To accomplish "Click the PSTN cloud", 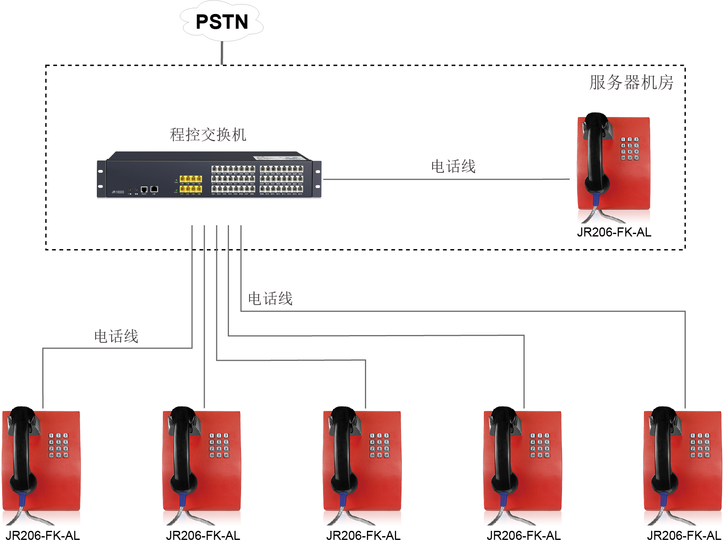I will tap(222, 21).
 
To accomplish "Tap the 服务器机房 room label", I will tap(631, 83).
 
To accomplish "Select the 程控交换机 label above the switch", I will tap(208, 135).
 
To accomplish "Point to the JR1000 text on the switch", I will tap(118, 192).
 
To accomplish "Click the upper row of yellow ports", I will tap(191, 179).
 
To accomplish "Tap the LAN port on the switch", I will tap(154, 189).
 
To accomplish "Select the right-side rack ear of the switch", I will tap(317, 179).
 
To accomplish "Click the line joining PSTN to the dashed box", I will tap(222, 53).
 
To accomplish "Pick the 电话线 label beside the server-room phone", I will tap(453, 167).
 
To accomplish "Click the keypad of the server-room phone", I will tap(630, 149).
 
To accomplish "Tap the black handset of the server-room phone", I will tap(596, 152).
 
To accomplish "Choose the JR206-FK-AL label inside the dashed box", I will tap(614, 232).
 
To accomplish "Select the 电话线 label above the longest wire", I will tap(270, 299).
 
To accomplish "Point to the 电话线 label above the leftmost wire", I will tap(116, 337).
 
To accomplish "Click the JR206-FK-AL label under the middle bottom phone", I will tap(363, 536).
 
